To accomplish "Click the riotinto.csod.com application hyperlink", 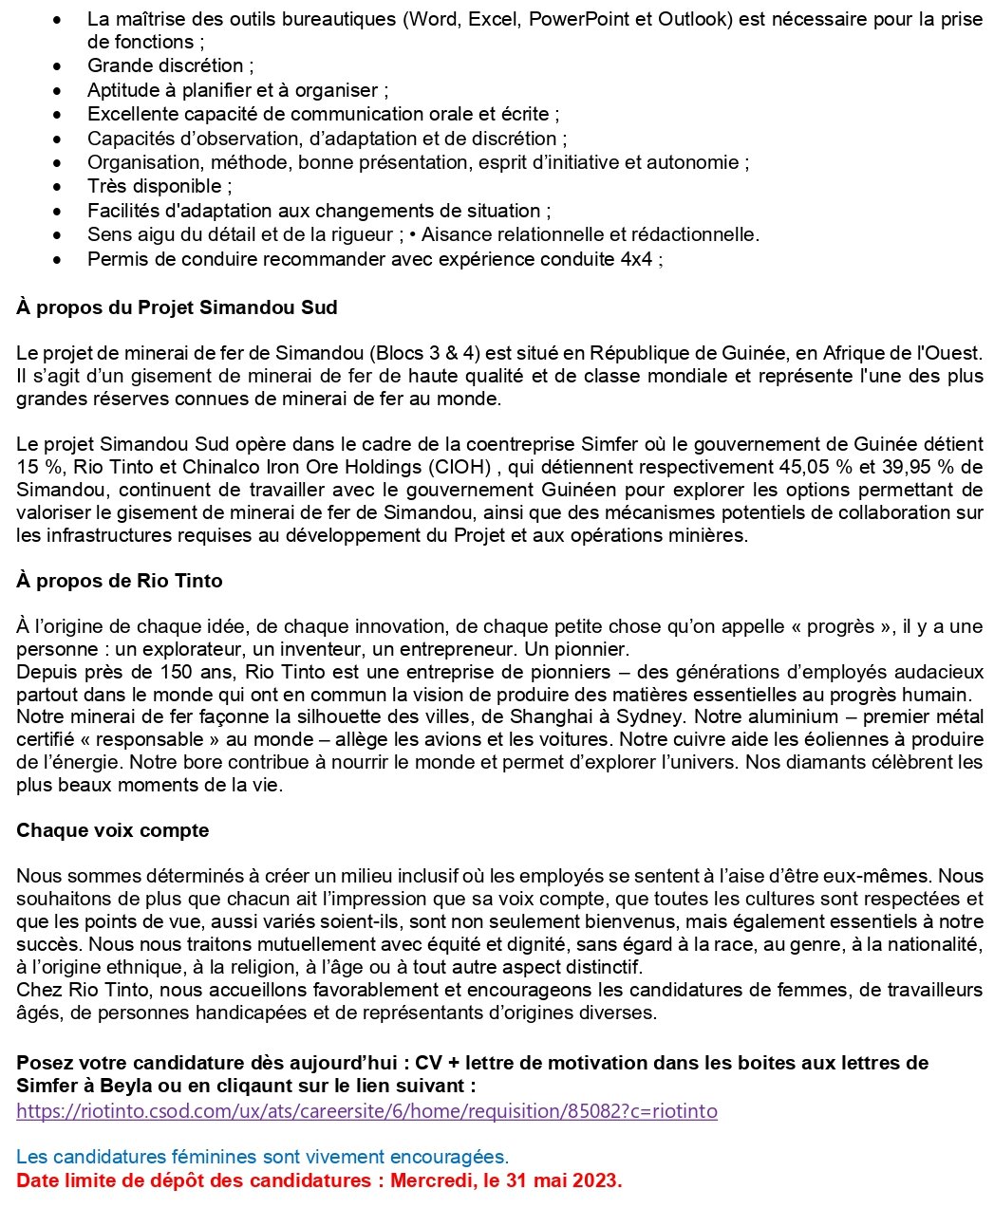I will (x=366, y=1110).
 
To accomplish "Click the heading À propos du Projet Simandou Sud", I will (x=177, y=307).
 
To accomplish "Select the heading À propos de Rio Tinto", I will (x=119, y=581).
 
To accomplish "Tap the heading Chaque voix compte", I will (x=112, y=830).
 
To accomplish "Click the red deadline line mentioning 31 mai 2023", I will (x=319, y=1180).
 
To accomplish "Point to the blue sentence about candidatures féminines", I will (x=262, y=1157).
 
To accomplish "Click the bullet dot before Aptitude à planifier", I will (x=59, y=90).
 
